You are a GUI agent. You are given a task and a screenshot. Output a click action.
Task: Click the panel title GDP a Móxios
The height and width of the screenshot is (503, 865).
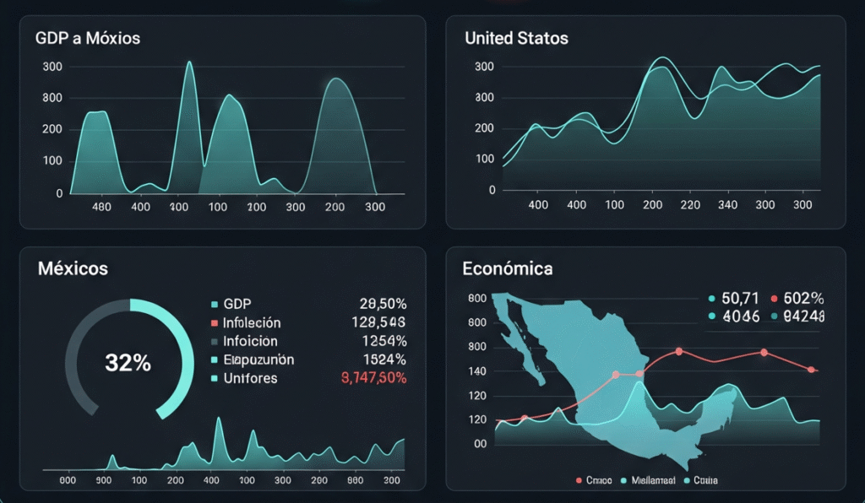tap(88, 38)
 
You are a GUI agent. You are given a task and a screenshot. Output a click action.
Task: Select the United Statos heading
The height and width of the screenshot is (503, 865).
tap(516, 38)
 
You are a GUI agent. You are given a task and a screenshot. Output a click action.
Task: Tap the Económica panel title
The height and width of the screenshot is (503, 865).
tap(508, 269)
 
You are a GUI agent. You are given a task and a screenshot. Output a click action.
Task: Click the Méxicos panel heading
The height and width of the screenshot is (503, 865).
tap(73, 269)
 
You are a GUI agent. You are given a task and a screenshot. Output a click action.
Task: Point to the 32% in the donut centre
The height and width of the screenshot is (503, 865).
tap(128, 363)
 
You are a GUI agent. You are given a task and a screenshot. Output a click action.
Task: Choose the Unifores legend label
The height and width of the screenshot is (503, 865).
tap(250, 378)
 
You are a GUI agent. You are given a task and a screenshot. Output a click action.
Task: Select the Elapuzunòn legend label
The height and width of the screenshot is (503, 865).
tap(258, 360)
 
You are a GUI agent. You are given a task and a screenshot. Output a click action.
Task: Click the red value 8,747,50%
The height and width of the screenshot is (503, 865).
tap(373, 378)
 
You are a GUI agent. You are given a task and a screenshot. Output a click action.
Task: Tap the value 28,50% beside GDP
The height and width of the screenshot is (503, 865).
tap(383, 304)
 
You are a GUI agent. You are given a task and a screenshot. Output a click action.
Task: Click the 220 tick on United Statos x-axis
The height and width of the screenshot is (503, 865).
tap(690, 204)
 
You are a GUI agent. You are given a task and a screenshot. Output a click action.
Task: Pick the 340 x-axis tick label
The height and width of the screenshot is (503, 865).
tap(726, 204)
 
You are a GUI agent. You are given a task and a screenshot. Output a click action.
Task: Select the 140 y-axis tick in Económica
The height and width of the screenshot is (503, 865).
tap(477, 370)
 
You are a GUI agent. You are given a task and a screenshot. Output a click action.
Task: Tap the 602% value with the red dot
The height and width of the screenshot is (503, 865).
tap(798, 298)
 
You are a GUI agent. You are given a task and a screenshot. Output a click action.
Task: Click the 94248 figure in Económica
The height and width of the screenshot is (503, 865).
tap(803, 316)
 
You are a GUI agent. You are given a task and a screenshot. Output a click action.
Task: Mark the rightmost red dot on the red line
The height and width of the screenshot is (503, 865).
tap(811, 370)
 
